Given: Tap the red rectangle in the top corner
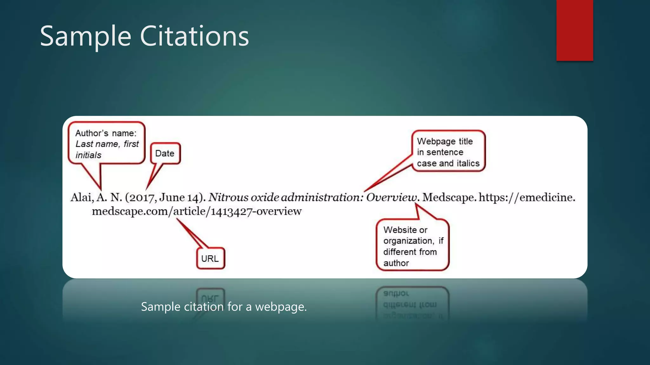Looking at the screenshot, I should tap(574, 30).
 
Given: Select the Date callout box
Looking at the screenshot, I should tap(165, 153).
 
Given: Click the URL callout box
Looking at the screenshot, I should tap(210, 259).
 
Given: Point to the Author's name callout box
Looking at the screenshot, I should tap(106, 144).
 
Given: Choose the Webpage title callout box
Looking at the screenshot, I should tap(448, 151).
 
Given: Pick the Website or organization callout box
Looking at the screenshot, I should tap(412, 246).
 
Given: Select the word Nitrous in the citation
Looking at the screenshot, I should tap(228, 197).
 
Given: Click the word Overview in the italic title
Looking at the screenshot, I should tap(392, 197).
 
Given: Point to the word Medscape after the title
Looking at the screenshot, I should tap(448, 197).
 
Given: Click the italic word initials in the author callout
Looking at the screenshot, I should tap(88, 155).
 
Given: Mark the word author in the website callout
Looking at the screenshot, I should tap(396, 263).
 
